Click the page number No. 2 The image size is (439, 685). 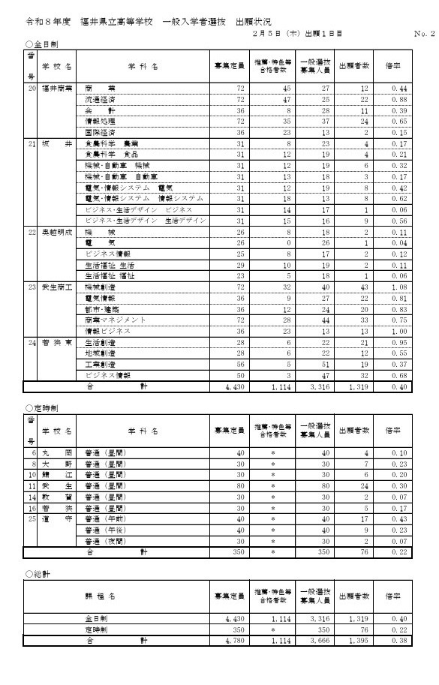[424, 34]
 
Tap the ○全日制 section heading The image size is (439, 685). [39, 45]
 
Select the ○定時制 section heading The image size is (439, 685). [39, 409]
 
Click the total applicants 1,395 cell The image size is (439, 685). [356, 641]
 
